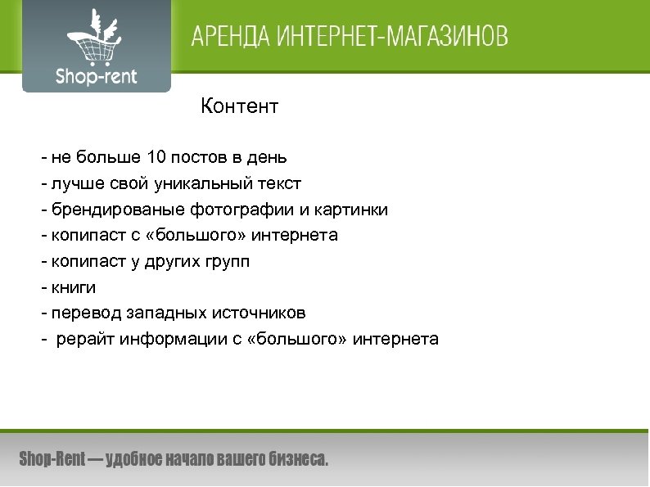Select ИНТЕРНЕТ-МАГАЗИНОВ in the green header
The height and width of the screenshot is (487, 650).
(x=390, y=38)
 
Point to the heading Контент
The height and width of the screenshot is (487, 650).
(x=240, y=106)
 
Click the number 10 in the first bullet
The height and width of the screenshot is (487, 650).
(x=158, y=156)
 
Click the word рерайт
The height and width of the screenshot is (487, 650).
(x=84, y=340)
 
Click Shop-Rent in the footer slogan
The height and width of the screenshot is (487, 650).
(x=51, y=459)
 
